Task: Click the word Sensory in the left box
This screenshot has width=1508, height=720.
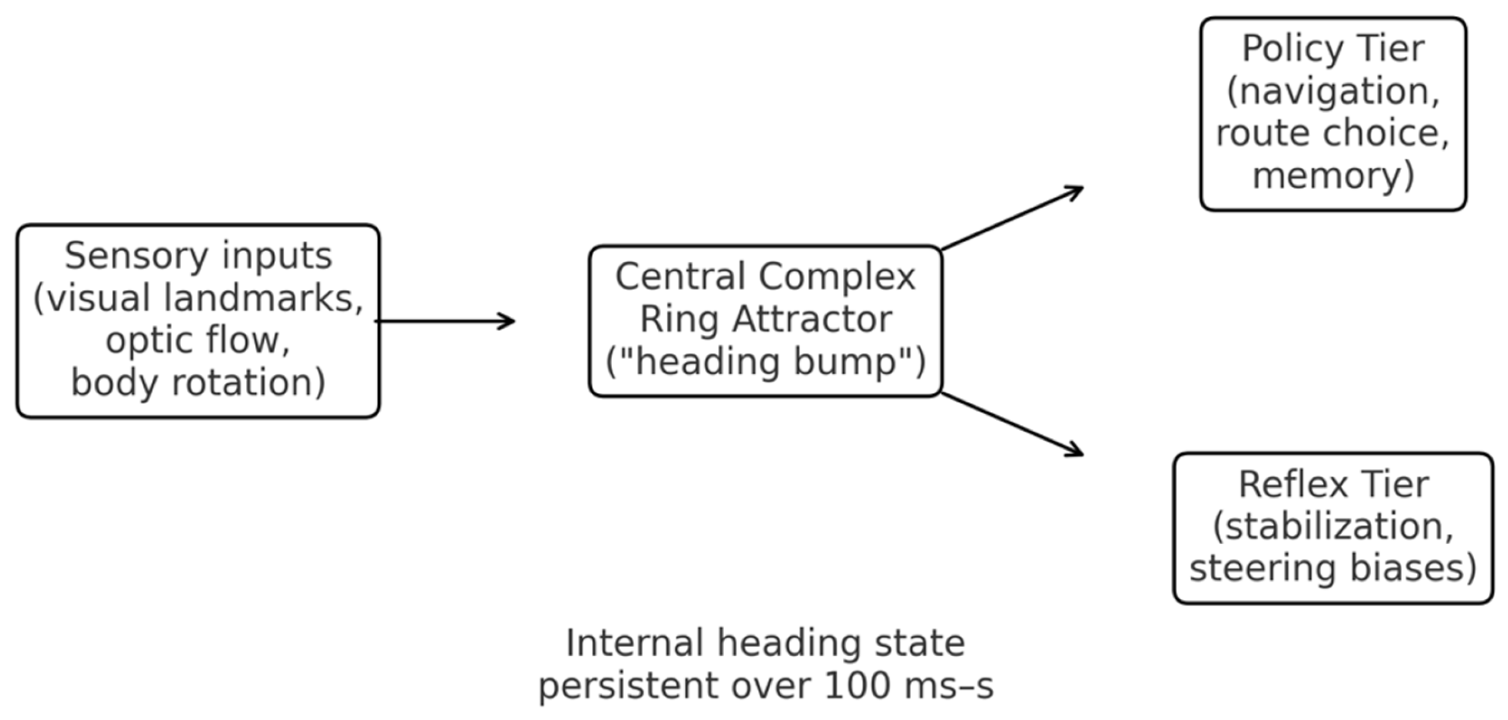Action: pos(136,256)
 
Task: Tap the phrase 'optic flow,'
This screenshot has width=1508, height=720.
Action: pos(198,340)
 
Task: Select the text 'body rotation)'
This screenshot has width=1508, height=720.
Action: pos(198,382)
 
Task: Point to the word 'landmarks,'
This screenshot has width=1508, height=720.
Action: pos(263,298)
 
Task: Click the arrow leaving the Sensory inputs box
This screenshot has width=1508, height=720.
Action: pos(445,321)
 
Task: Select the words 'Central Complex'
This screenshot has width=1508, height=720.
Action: pos(765,276)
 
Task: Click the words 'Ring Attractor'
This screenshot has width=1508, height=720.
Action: pos(765,319)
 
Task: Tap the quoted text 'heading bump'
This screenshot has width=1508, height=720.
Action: pos(765,361)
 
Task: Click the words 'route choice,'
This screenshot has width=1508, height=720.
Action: pos(1333,133)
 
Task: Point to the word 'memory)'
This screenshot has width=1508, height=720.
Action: pos(1333,176)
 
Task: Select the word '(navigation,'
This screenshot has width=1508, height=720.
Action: pos(1333,91)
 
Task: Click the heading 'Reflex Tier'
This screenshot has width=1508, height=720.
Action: pos(1333,484)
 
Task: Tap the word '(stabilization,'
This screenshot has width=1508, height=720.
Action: pos(1333,526)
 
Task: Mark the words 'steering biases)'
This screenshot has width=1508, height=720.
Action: pos(1333,569)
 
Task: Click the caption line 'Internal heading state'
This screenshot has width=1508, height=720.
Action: pos(765,643)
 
